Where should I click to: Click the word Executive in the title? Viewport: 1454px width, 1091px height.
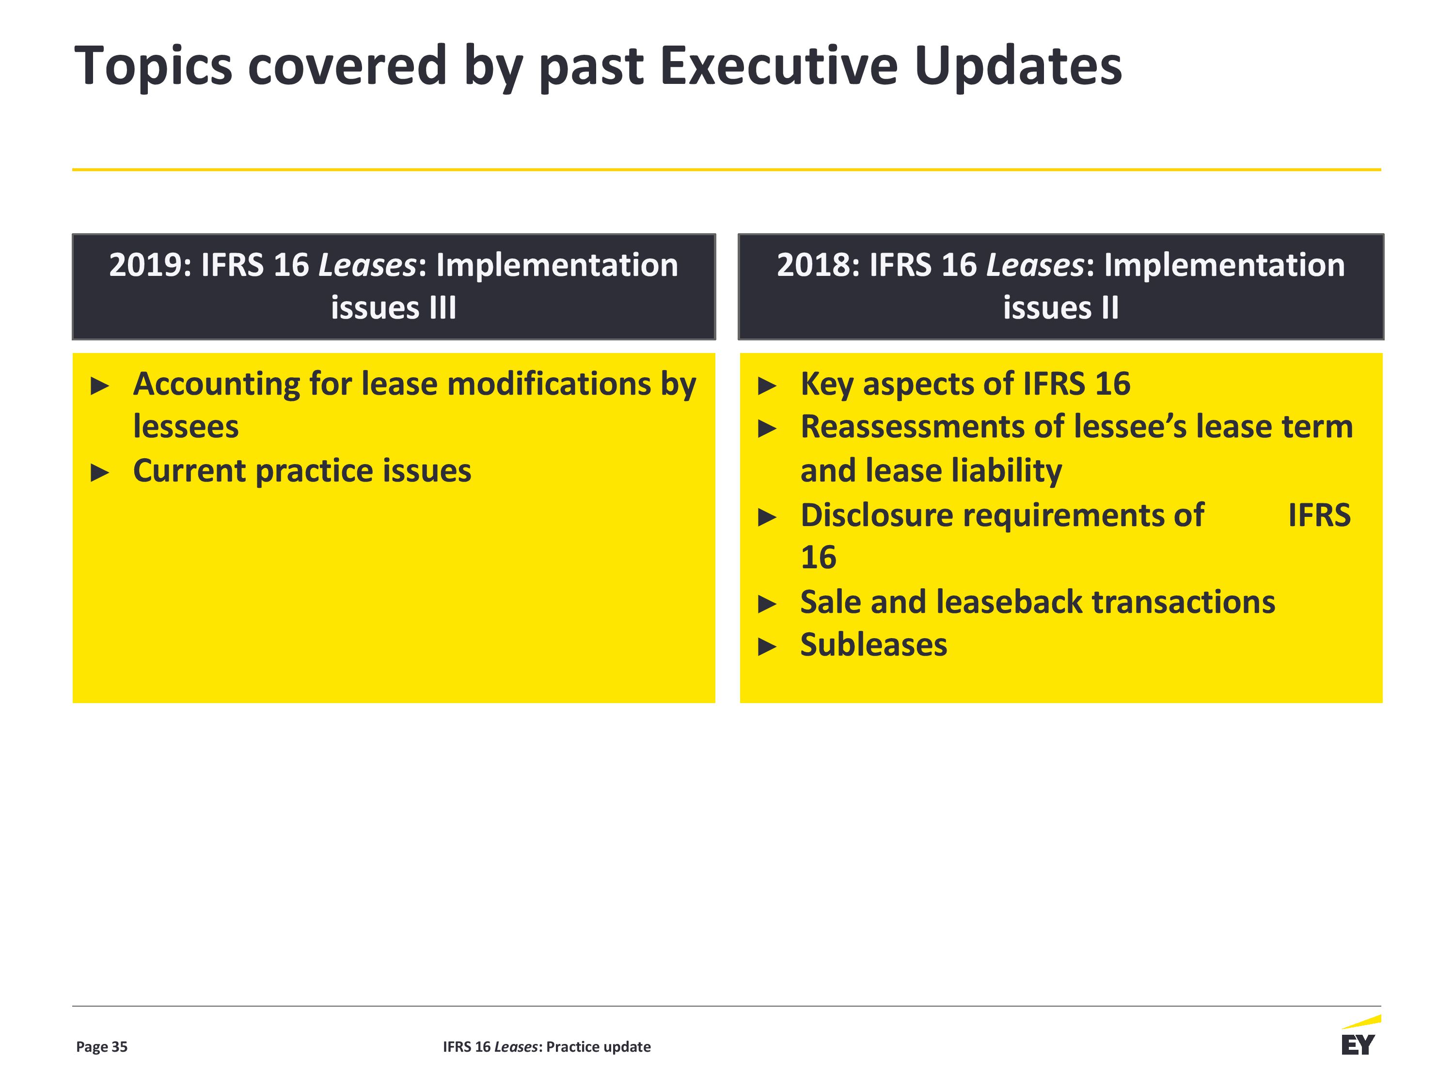[779, 66]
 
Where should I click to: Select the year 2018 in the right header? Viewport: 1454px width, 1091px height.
[818, 265]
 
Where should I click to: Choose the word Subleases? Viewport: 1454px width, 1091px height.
[873, 644]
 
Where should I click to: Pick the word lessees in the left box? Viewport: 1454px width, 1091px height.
[186, 427]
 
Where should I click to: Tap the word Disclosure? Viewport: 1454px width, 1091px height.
[877, 515]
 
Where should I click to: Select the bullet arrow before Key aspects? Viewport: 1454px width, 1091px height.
[767, 386]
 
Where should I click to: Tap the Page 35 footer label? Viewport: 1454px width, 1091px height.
[102, 1047]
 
